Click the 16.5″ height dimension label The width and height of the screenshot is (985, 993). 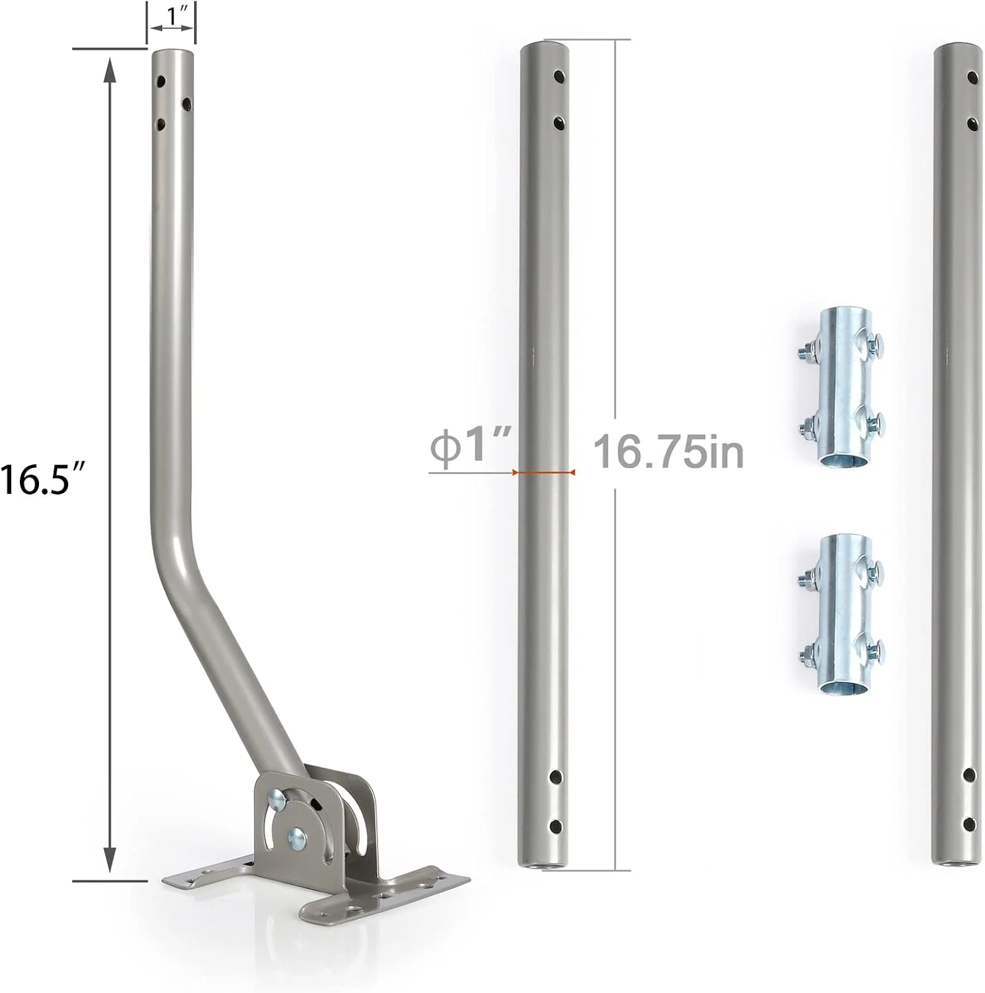coord(44,479)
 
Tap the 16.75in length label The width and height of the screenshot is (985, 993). coord(668,452)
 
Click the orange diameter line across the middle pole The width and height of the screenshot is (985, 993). coord(544,472)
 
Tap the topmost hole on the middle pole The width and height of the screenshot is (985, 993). coord(560,75)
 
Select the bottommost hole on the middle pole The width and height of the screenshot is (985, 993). coord(556,826)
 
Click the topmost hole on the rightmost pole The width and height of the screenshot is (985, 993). coord(972,77)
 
